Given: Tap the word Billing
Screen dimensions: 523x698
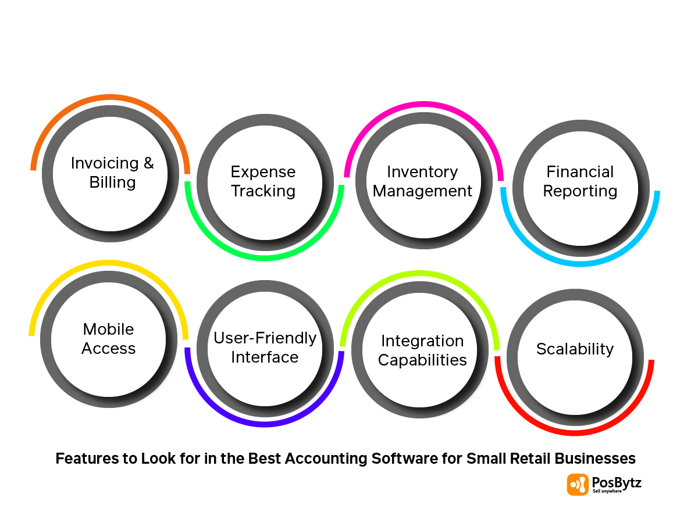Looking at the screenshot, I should [113, 182].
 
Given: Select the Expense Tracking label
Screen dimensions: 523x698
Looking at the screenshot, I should [263, 181].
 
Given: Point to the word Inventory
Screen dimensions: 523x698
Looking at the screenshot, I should [422, 172].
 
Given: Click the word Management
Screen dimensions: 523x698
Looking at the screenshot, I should [422, 191].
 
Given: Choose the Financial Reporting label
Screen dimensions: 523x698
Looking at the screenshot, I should [580, 181].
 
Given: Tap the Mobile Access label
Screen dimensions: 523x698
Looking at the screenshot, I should [109, 339].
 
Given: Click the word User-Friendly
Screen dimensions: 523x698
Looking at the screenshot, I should [265, 338].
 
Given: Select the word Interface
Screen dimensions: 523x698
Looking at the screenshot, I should [265, 357].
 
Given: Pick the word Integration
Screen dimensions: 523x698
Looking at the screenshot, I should [422, 341].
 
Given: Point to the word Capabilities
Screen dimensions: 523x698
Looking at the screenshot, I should [422, 360].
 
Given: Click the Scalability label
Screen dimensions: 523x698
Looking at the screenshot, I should [575, 349].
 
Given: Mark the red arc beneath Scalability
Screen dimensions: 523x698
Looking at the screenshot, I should [575, 432].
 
